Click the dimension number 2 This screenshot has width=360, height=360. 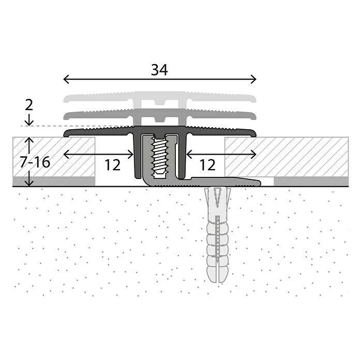(29, 105)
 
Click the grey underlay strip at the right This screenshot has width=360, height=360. (310, 181)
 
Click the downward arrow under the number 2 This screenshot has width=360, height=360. (29, 121)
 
